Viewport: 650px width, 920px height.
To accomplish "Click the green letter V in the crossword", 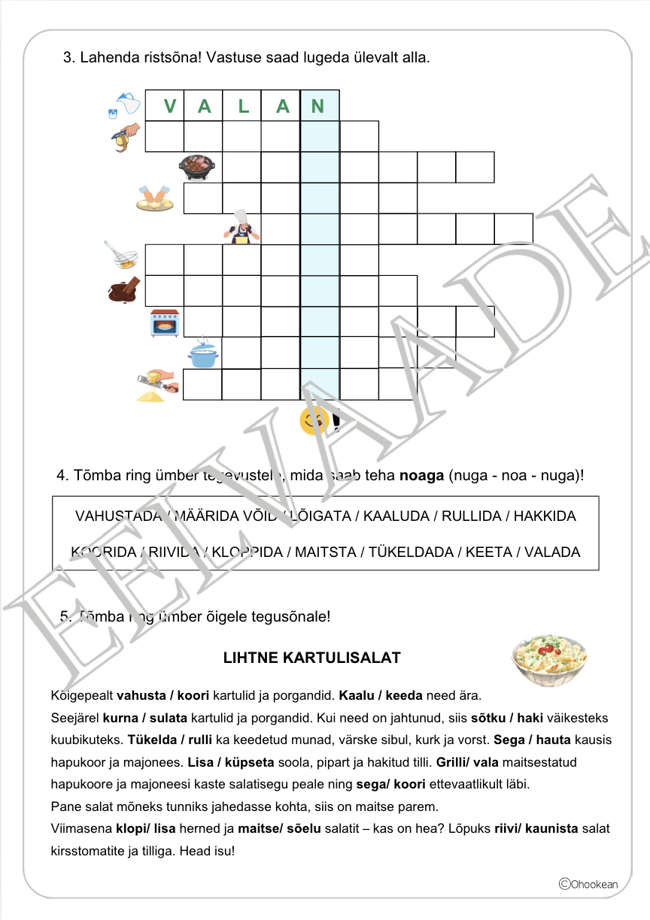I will pos(170,107).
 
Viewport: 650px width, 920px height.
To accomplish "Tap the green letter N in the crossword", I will pos(317,107).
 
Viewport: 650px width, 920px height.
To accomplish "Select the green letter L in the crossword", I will pos(243,107).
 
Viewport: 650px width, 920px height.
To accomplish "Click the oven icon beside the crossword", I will pos(165,323).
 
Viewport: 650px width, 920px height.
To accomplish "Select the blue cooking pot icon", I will pos(202,353).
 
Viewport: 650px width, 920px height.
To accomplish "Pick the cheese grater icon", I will pos(156,386).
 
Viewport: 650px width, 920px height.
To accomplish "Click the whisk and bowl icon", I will pos(123,256).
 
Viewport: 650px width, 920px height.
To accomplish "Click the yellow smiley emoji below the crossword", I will pos(313,421).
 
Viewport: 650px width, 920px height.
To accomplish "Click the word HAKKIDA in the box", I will pos(545,516).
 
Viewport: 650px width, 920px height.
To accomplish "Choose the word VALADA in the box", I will pos(552,552).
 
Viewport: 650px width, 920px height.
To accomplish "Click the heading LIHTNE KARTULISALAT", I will pos(312,658).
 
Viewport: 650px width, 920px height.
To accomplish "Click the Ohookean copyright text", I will pos(588,884).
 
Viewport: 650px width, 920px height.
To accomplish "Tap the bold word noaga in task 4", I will pos(422,476).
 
